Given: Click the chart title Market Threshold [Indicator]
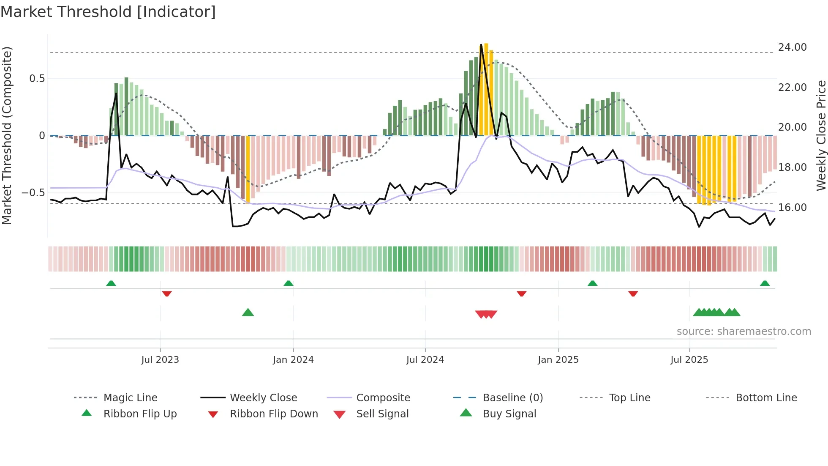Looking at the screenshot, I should click(108, 12).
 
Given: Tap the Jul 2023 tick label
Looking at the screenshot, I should click(160, 360).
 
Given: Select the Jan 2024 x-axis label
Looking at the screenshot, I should click(293, 360).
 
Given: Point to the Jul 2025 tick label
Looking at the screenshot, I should click(689, 360).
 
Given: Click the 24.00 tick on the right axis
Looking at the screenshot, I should click(792, 47).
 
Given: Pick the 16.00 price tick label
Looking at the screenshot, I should click(792, 208).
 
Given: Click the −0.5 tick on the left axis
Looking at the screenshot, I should click(33, 193).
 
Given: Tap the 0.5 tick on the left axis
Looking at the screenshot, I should click(37, 79).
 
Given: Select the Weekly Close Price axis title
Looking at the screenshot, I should click(821, 135).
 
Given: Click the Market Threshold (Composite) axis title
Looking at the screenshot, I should click(7, 135).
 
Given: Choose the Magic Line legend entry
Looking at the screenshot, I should click(130, 398).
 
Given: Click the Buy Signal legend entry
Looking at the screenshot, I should click(509, 414).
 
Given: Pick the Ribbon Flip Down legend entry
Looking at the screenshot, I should click(273, 414).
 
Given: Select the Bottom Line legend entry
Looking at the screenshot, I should click(766, 398).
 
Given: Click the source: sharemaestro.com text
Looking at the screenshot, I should click(744, 332).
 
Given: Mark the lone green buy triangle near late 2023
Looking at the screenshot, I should click(248, 312).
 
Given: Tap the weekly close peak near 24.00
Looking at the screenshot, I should click(481, 45).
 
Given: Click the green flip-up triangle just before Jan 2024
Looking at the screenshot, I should click(289, 283).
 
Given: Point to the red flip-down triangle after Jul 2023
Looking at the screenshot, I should click(167, 293).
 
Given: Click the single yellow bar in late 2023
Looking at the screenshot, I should click(248, 169).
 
